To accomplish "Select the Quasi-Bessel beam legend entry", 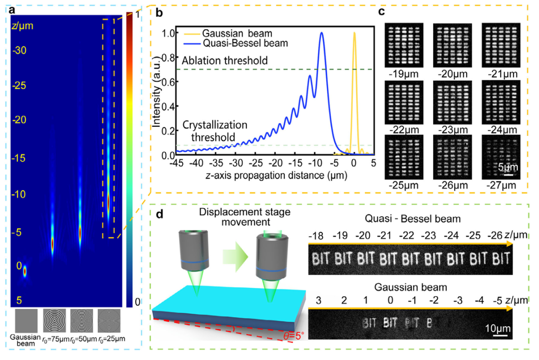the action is click(x=236, y=43).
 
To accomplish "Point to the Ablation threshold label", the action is click(x=225, y=60).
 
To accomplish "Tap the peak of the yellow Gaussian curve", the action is click(x=354, y=32).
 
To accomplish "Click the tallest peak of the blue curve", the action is click(x=322, y=32).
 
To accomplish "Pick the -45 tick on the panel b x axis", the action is click(x=177, y=163).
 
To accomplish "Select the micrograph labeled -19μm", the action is click(x=404, y=45).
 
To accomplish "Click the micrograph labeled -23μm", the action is click(x=452, y=102).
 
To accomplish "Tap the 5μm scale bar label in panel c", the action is click(x=508, y=167).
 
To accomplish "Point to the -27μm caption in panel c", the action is click(x=501, y=185).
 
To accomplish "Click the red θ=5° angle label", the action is click(x=293, y=336).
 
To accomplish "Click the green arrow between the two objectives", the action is click(x=235, y=257).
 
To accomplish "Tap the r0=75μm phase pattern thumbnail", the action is click(x=54, y=321).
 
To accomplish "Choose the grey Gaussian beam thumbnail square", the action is click(x=26, y=321).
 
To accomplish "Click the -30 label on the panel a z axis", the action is click(x=19, y=50).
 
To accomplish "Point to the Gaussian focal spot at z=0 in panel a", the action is click(x=25, y=272).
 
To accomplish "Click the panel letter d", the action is click(x=160, y=214).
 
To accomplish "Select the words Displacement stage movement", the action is click(x=245, y=217).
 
